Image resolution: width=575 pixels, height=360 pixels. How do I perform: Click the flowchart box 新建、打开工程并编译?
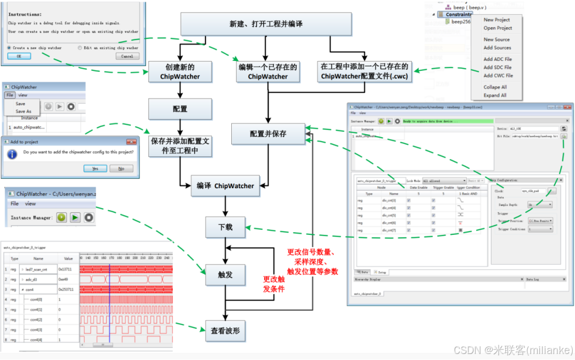click(266, 25)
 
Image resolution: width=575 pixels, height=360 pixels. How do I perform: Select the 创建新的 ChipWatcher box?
click(180, 72)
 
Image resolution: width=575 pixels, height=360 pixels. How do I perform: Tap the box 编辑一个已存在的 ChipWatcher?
click(267, 72)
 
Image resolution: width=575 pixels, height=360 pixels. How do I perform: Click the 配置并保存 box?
click(267, 133)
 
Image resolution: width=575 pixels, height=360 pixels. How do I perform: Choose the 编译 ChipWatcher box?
click(225, 186)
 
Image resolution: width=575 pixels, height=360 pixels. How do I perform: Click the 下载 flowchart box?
click(225, 227)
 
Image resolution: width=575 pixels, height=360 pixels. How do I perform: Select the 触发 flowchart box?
click(225, 275)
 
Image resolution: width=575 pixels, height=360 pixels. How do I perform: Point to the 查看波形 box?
click(225, 331)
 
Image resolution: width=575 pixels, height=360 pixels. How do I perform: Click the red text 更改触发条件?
click(273, 284)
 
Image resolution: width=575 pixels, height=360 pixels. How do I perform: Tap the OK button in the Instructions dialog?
click(19, 56)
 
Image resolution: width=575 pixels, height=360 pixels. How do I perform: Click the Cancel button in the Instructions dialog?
click(127, 56)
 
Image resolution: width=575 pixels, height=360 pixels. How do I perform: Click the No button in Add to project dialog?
click(121, 168)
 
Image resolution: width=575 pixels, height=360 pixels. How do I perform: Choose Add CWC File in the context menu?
click(498, 76)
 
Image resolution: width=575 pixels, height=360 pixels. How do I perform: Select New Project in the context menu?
click(496, 20)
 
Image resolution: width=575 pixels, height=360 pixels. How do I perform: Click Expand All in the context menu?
click(495, 95)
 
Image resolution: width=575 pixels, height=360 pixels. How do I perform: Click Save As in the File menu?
click(24, 111)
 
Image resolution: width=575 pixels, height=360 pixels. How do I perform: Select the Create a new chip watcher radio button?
click(9, 48)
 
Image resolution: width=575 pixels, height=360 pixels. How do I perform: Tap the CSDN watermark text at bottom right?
click(513, 350)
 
